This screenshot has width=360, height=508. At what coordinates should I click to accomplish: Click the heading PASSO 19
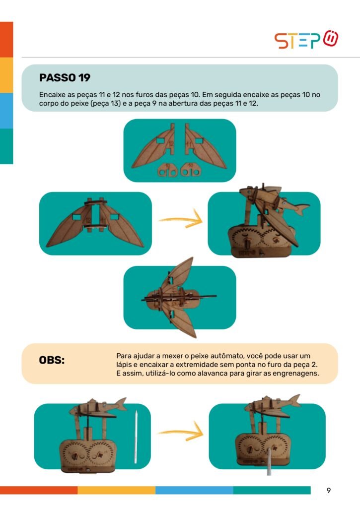point(65,78)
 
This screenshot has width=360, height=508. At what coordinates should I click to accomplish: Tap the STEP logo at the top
point(306,40)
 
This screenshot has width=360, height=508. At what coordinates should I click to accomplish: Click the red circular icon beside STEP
point(331,38)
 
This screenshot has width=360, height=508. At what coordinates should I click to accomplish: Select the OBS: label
point(52,360)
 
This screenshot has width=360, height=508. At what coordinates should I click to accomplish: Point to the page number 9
point(329,490)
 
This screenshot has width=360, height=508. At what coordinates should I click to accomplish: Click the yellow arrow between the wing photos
point(181,220)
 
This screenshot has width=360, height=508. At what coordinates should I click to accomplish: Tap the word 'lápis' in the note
point(124,365)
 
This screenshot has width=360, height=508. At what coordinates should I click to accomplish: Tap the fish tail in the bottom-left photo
point(120,404)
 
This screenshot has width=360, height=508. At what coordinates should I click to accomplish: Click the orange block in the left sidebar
point(6,40)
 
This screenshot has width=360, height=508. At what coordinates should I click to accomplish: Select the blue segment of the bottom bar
point(194,490)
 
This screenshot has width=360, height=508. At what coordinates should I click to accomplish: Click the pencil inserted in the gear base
point(269,462)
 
